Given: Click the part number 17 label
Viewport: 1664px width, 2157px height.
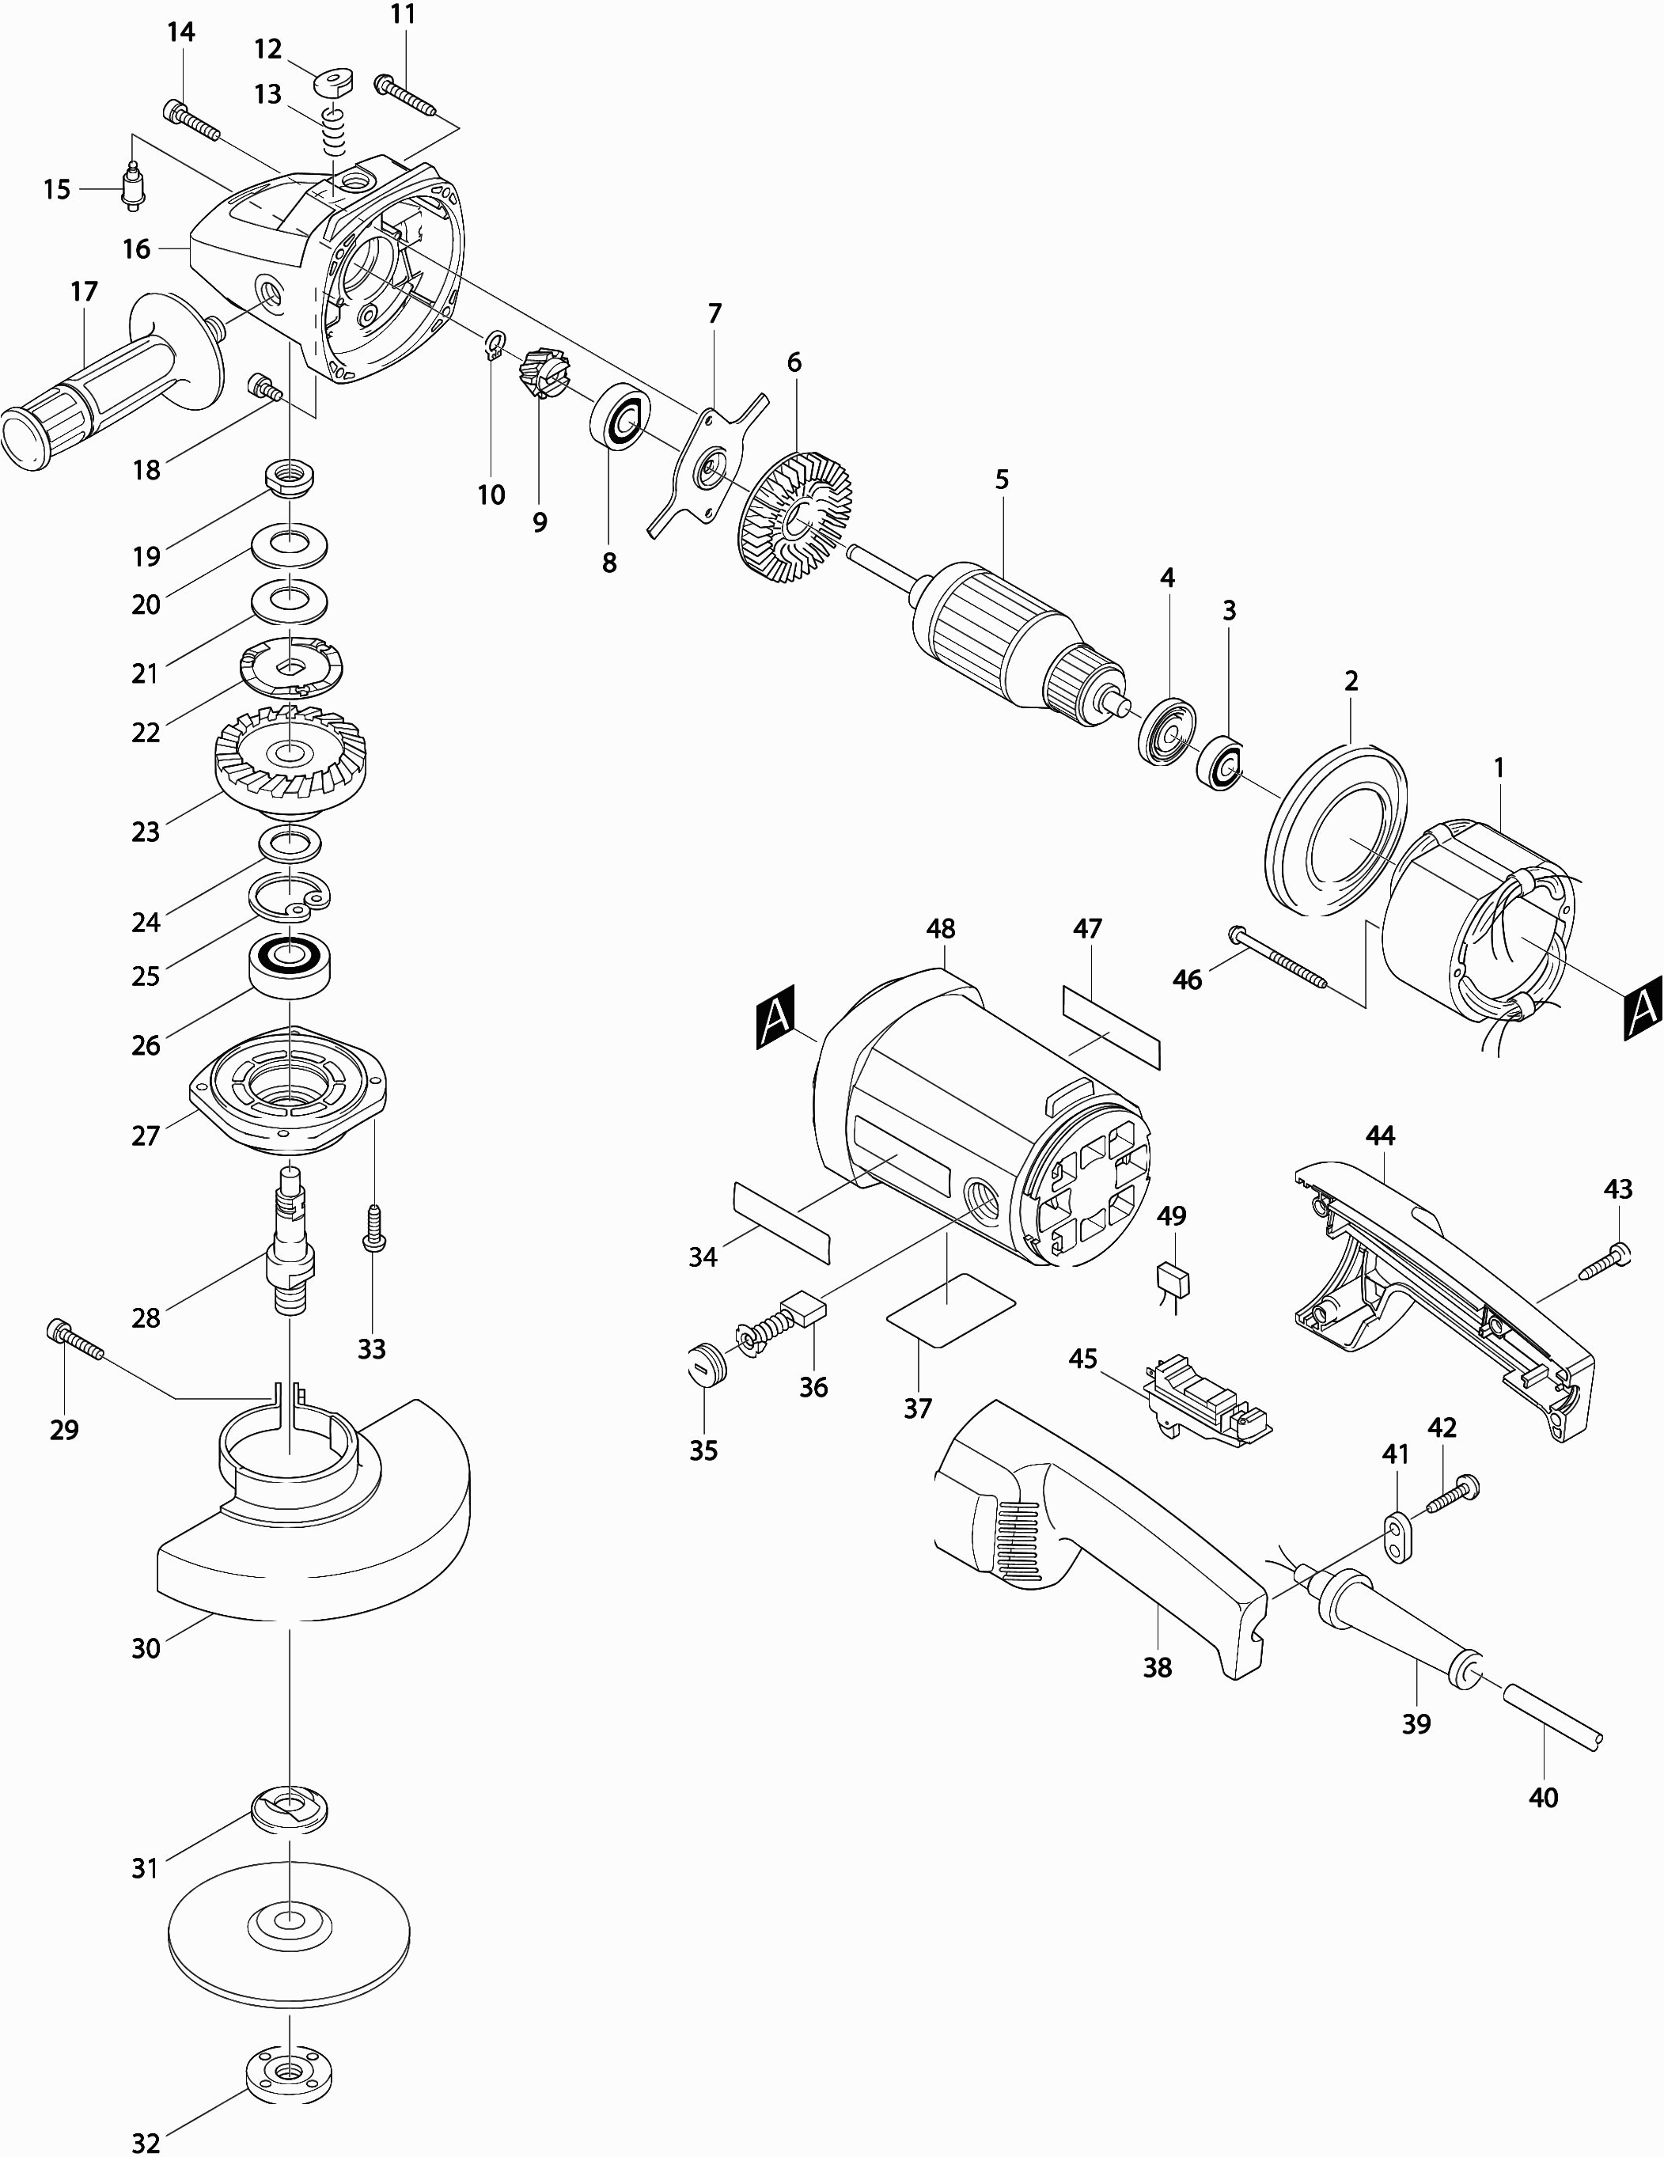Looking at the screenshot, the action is pos(85,291).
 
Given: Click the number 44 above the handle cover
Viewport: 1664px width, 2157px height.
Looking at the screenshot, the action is pos(1380,1135).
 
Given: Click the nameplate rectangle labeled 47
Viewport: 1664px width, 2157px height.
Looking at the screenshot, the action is pos(1112,1026).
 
